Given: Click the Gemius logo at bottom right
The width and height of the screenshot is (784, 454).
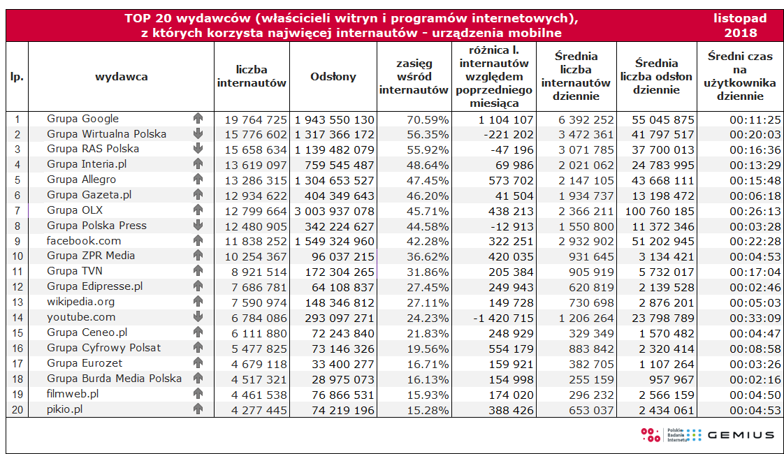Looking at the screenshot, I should pyautogui.click(x=741, y=435).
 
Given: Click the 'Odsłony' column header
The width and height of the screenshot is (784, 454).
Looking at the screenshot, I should pyautogui.click(x=333, y=77).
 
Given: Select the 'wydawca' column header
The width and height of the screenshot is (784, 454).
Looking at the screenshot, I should pyautogui.click(x=122, y=77).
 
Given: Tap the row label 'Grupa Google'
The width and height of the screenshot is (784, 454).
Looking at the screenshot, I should pyautogui.click(x=83, y=119).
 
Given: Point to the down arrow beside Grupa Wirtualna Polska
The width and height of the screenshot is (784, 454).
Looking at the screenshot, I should pyautogui.click(x=198, y=134).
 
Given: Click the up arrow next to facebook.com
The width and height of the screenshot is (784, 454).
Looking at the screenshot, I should pyautogui.click(x=198, y=241).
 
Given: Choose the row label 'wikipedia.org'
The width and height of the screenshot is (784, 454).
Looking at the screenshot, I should pyautogui.click(x=81, y=302).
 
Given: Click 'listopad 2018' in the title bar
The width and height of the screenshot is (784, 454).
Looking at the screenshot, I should pyautogui.click(x=740, y=25).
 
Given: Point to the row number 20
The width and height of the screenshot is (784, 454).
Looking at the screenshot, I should pyautogui.click(x=17, y=410).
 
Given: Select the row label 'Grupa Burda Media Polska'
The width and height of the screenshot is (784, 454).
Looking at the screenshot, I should pyautogui.click(x=115, y=379).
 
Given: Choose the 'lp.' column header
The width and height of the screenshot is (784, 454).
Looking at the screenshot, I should pyautogui.click(x=17, y=77).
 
